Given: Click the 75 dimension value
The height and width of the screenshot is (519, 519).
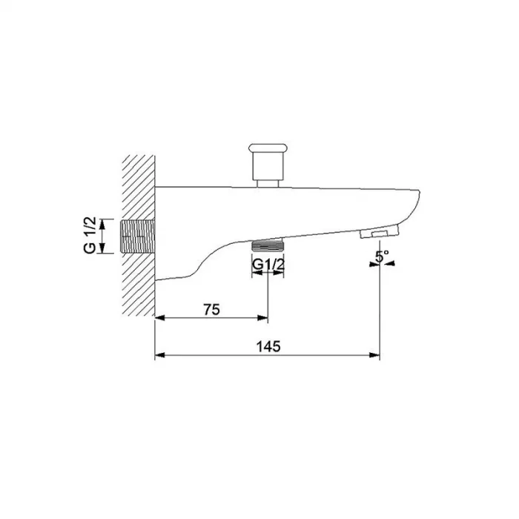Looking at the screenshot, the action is [x=211, y=309].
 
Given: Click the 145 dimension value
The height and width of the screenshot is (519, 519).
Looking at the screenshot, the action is [x=268, y=346].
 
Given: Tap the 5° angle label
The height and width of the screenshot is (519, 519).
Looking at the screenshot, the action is [x=383, y=257].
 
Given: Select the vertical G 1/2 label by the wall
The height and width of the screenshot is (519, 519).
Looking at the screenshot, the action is [x=90, y=235].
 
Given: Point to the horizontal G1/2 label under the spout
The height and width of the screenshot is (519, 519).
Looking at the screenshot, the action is [x=268, y=265].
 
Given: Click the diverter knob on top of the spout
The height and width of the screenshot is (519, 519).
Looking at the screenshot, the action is [x=268, y=162].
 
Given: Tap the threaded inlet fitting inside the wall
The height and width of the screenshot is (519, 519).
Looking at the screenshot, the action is [x=137, y=237].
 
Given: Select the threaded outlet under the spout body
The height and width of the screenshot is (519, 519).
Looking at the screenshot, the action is [x=268, y=245].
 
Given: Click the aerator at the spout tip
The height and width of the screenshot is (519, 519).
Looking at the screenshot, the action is [x=379, y=232].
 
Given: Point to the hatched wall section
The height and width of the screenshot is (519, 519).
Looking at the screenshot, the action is [x=139, y=235].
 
